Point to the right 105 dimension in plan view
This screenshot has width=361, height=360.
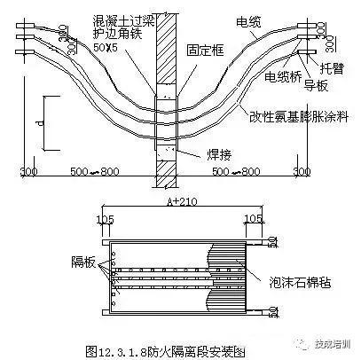[x=255, y=217]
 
